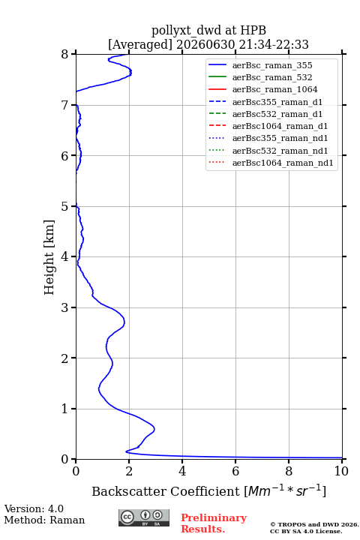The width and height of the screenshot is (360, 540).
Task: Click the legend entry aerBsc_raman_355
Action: pos(272,65)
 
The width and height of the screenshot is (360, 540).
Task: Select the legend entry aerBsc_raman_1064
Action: pos(275,89)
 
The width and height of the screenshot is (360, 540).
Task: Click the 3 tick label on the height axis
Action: pos(64,307)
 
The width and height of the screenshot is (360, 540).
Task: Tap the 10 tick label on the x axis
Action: pos(341,471)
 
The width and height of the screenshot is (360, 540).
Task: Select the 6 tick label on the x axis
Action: pos(235,471)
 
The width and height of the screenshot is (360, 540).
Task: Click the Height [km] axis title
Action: pos(49,257)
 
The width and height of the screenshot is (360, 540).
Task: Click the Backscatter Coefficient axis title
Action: pos(208,490)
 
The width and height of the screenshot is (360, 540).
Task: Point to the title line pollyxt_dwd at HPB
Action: pos(208,30)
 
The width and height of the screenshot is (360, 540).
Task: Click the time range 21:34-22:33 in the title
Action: pos(272,44)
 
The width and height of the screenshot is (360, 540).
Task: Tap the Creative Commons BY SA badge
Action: pos(144,517)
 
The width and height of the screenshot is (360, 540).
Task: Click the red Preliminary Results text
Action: pos(214,523)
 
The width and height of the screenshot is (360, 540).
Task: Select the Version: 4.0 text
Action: pos(34,508)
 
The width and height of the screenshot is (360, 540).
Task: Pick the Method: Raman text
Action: pos(44,520)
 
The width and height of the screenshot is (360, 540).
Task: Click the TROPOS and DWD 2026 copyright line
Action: pos(314,524)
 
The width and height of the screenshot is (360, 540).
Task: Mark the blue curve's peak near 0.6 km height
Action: pos(154,429)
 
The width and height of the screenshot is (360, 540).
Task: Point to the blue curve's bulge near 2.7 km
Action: pos(124,322)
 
